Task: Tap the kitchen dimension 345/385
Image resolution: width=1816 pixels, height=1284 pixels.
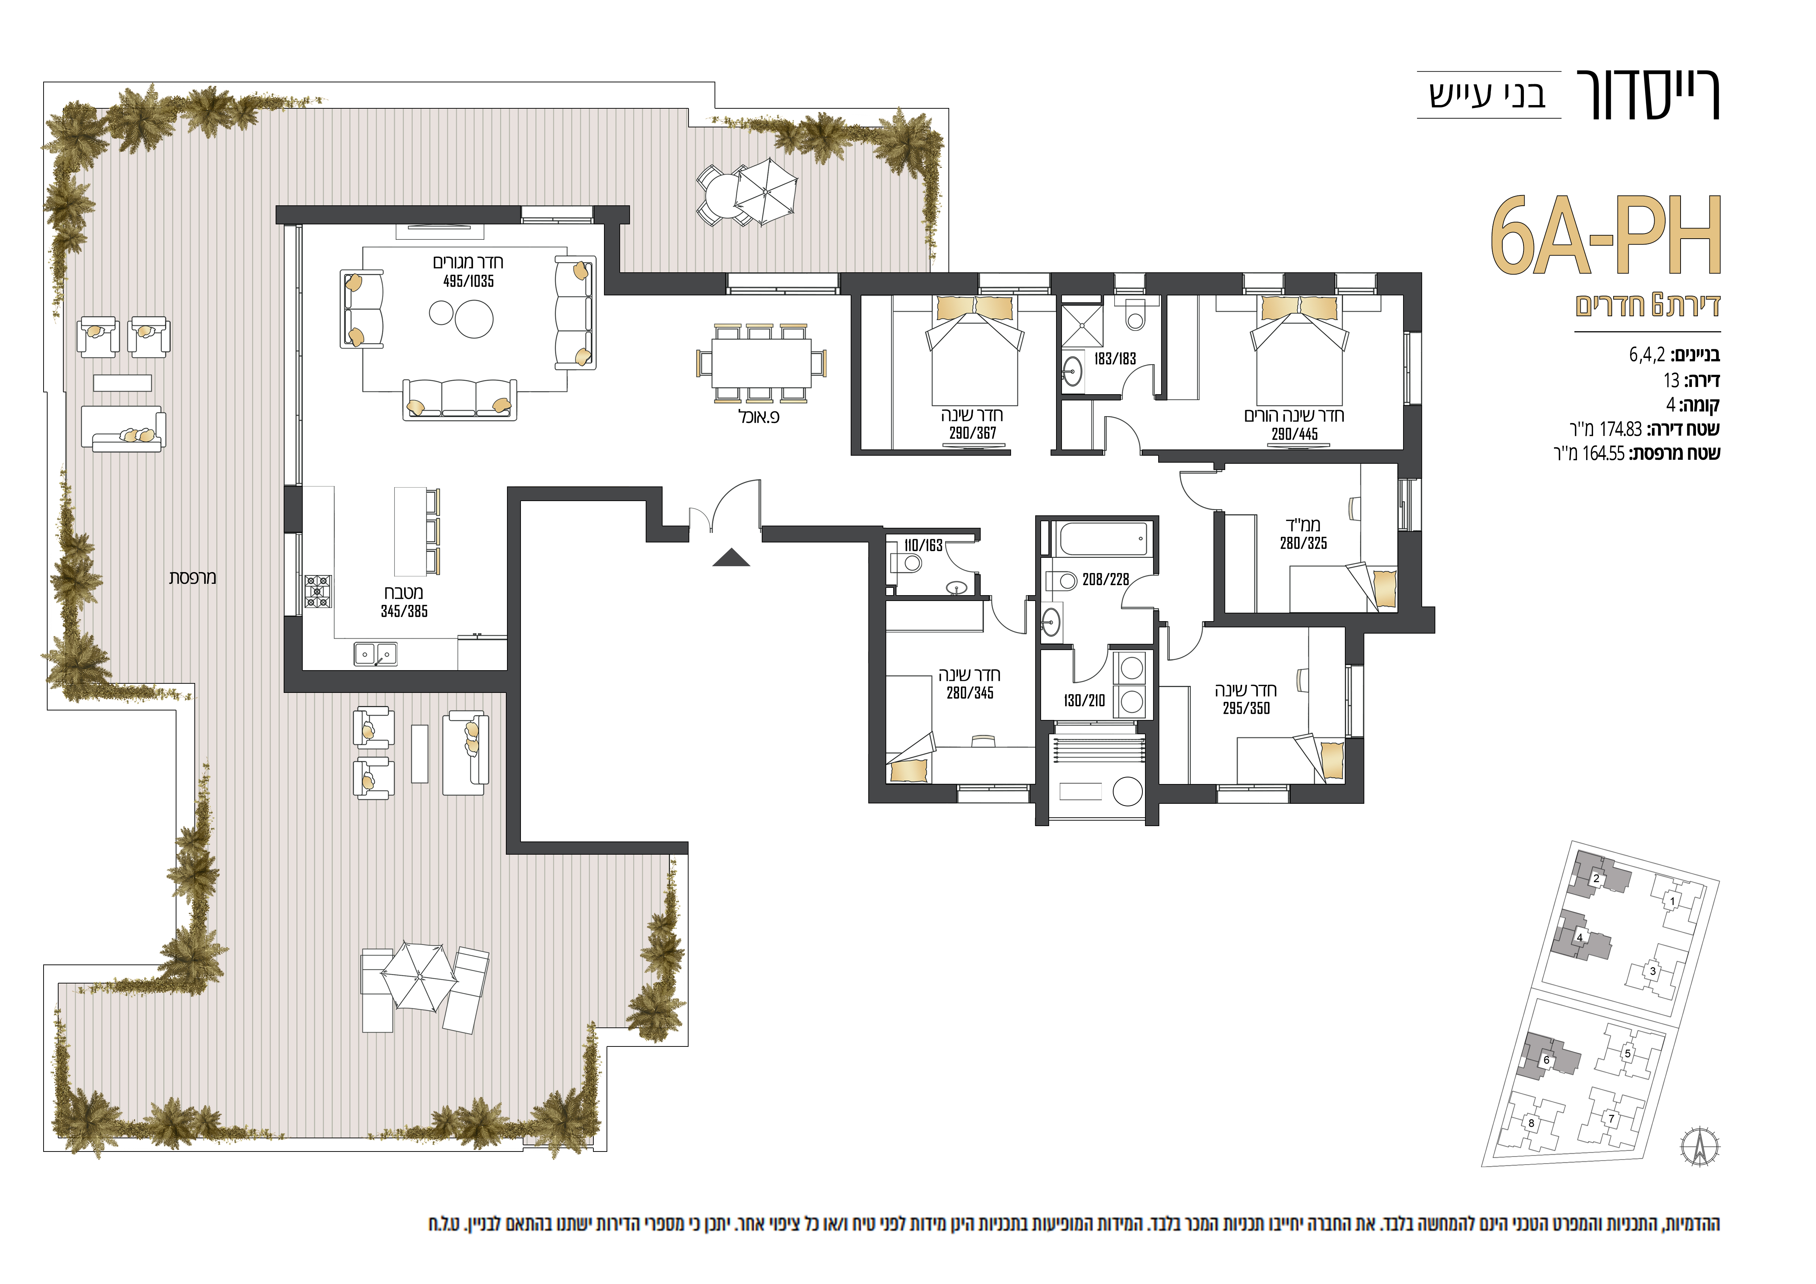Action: pyautogui.click(x=404, y=611)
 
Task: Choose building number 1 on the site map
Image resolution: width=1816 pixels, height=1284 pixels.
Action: pyautogui.click(x=1672, y=900)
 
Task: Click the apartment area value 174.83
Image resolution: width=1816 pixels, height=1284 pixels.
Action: pyautogui.click(x=1621, y=429)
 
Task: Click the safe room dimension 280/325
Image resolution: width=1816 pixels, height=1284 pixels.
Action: pyautogui.click(x=1304, y=543)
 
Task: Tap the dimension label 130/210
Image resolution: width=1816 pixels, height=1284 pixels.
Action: pyautogui.click(x=1084, y=701)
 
